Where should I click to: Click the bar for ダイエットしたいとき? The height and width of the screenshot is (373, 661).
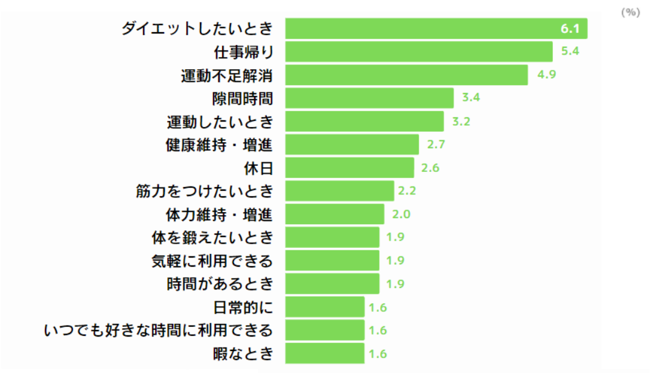[435, 29]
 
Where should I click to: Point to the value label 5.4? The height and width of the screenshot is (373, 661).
[570, 52]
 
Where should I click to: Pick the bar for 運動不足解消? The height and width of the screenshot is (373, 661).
[406, 75]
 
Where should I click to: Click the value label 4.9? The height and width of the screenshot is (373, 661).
[545, 75]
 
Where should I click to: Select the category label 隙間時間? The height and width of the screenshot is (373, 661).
[243, 98]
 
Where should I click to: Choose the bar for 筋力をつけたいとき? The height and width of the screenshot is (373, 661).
[339, 191]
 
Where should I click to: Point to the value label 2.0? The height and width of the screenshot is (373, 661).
[402, 214]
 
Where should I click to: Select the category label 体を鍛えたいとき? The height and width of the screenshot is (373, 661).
[212, 237]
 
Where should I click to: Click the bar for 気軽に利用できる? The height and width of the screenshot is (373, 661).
[331, 260]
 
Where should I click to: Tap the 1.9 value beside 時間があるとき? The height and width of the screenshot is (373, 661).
[396, 284]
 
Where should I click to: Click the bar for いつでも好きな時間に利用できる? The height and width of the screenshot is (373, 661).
[324, 330]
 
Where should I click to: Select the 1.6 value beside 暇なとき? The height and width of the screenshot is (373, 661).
[378, 354]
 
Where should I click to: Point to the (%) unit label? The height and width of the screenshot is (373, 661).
[631, 12]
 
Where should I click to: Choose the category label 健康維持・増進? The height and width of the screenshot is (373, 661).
[219, 145]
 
